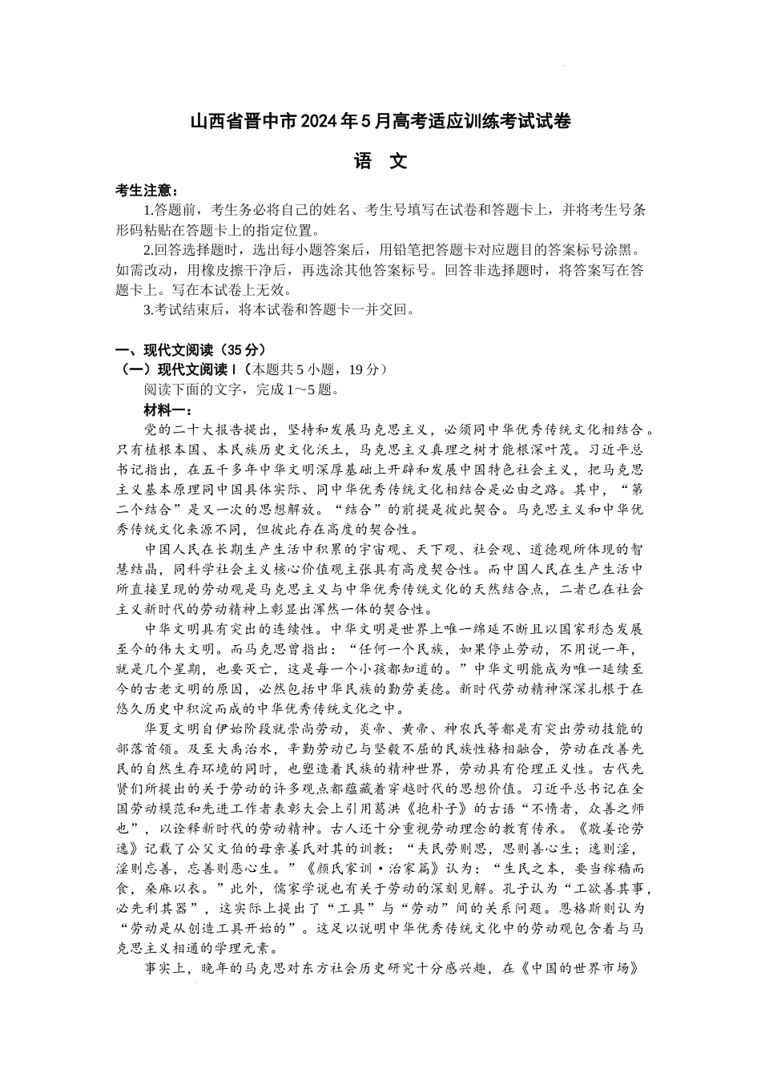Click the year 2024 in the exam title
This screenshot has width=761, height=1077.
pos(320,123)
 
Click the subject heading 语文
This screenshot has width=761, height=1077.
pos(380,161)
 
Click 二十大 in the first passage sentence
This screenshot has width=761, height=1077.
pos(195,430)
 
